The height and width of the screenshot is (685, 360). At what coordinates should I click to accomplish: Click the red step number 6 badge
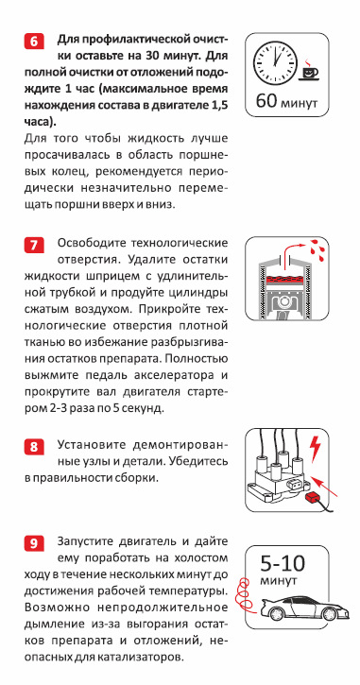coord(34,42)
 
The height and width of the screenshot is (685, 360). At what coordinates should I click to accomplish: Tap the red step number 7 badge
coord(34,245)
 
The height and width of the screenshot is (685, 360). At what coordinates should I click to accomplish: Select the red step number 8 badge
coord(34,447)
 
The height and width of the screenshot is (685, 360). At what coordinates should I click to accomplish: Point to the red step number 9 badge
coord(34,544)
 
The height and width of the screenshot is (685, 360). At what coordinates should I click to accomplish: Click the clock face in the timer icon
coord(276,62)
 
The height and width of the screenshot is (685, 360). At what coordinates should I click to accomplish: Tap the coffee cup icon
coord(308,70)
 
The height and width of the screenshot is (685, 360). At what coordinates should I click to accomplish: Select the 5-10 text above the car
coord(283,564)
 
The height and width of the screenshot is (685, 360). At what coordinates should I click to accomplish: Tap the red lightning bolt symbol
coord(315,448)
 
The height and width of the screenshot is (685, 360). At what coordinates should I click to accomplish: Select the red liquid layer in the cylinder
coord(284,279)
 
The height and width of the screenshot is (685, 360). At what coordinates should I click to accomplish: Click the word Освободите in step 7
coord(91,243)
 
